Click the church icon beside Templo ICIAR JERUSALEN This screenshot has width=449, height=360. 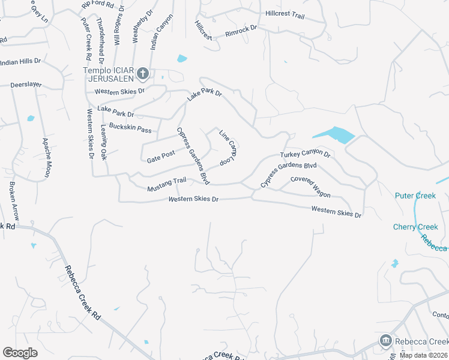click(x=142, y=74)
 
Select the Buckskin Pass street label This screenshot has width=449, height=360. click(x=130, y=129)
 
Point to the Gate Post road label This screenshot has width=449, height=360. click(x=161, y=157)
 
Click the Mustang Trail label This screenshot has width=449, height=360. click(x=167, y=184)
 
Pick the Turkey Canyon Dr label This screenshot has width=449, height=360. click(x=306, y=154)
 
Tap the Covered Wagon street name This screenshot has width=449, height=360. click(x=310, y=187)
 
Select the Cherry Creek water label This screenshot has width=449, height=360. click(x=415, y=227)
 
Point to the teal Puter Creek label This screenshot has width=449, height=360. click(x=415, y=196)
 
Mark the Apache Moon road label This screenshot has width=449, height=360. click(x=46, y=157)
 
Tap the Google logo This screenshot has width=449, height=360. click(x=20, y=353)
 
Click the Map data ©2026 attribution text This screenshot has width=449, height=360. click(x=423, y=355)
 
